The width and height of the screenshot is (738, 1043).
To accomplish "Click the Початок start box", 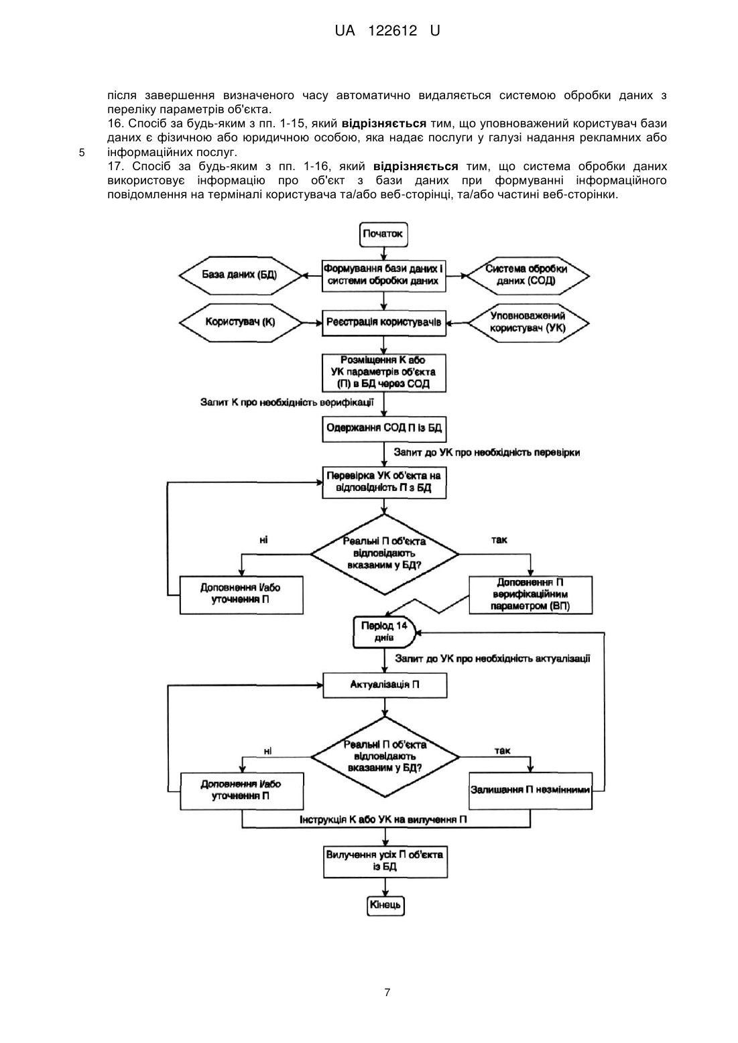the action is pyautogui.click(x=383, y=234).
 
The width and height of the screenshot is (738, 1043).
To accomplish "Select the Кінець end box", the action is pyautogui.click(x=385, y=905).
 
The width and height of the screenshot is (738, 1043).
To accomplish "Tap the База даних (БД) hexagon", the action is pyautogui.click(x=240, y=275).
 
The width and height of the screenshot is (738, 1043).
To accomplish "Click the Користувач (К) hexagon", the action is pyautogui.click(x=241, y=322).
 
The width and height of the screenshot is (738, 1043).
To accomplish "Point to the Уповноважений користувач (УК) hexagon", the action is pyautogui.click(x=528, y=323).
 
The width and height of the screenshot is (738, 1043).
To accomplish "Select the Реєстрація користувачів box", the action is pyautogui.click(x=384, y=323).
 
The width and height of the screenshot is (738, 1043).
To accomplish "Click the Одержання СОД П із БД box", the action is pyautogui.click(x=384, y=428).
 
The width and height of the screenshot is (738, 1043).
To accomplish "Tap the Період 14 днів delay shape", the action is pyautogui.click(x=384, y=632).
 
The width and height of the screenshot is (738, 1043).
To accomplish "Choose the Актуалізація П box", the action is pyautogui.click(x=385, y=685).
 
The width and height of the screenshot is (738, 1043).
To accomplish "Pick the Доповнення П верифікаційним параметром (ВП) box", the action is pyautogui.click(x=530, y=595).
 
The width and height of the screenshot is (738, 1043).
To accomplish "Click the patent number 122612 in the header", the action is pyautogui.click(x=393, y=31).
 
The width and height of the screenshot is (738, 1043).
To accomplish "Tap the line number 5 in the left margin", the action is pyautogui.click(x=82, y=153).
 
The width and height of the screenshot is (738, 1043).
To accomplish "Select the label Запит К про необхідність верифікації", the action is pyautogui.click(x=287, y=402).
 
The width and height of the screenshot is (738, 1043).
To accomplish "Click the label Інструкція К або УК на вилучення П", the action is pyautogui.click(x=383, y=819).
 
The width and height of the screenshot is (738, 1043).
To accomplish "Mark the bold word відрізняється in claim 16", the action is pyautogui.click(x=384, y=124).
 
